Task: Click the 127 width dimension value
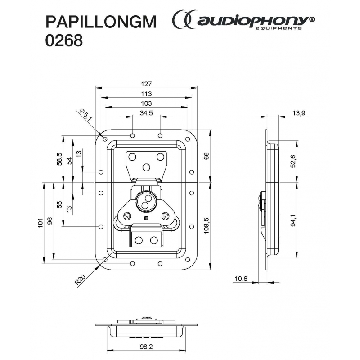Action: click(x=147, y=84)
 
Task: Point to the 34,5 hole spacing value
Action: click(x=147, y=113)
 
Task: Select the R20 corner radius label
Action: click(x=80, y=281)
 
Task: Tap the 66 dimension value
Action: click(x=207, y=155)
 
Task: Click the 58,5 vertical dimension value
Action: click(x=59, y=158)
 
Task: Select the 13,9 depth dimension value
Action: click(x=299, y=113)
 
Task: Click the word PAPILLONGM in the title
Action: click(x=102, y=22)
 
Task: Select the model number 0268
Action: click(x=64, y=41)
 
